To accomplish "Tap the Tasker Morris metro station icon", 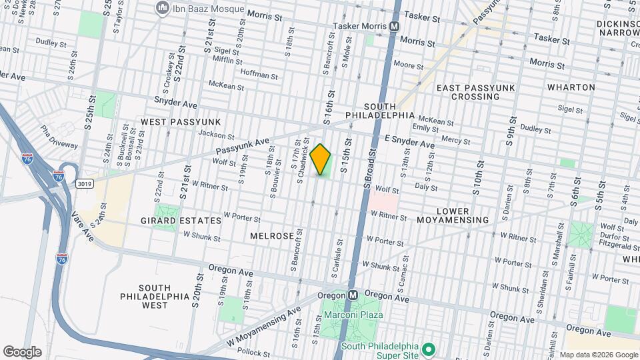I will coord(394,27).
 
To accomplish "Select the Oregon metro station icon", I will coord(353,295).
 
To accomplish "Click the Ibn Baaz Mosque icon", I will coord(161,8).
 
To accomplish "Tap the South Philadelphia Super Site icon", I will coord(429,349).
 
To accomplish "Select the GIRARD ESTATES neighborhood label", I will coord(181,220).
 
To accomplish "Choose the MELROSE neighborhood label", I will coord(272,236).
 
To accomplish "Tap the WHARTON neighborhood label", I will coord(571,87).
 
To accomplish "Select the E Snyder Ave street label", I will coord(409,141).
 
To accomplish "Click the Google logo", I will coord(23,351).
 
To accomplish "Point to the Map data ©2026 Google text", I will coord(599,355).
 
